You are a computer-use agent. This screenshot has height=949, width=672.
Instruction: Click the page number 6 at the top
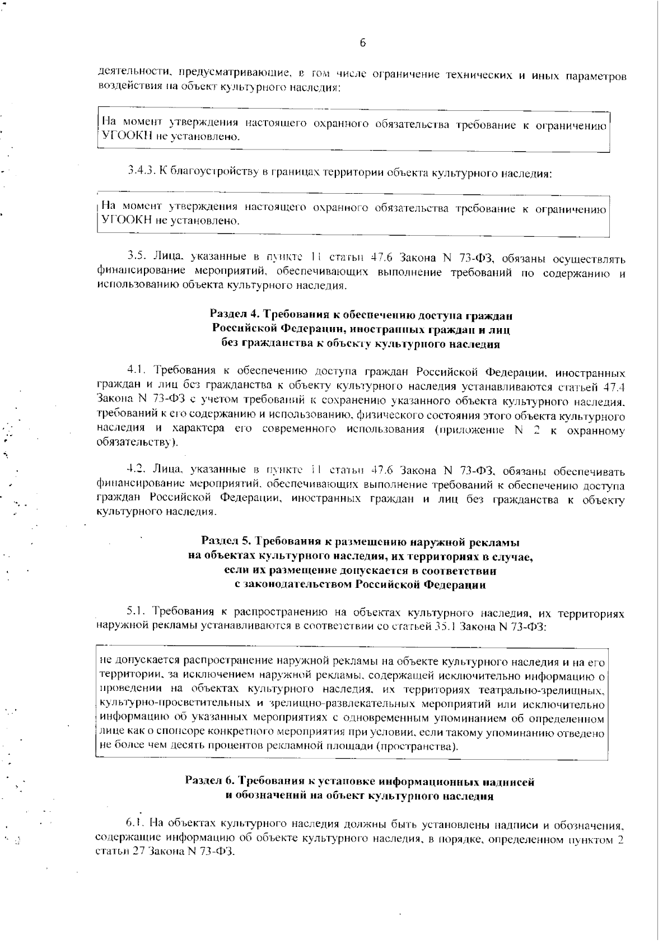tap(362, 43)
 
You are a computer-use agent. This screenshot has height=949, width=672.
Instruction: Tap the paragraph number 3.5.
tap(137, 258)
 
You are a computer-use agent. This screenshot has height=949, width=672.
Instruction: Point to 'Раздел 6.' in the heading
tap(208, 782)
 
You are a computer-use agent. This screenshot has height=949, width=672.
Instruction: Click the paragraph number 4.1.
tap(137, 371)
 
